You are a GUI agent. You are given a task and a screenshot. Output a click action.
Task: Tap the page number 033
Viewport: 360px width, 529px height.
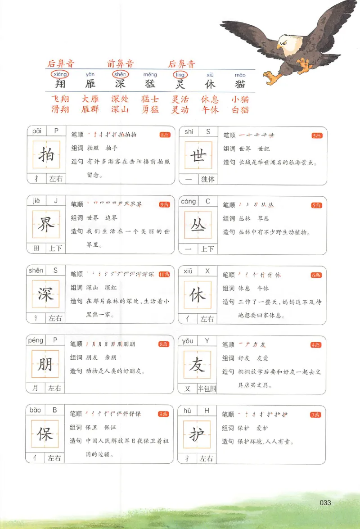(325, 502)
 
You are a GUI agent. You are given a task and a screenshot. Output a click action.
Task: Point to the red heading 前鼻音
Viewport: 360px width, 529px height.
(120, 64)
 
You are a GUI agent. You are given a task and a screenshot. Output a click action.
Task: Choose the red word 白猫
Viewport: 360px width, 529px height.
(240, 109)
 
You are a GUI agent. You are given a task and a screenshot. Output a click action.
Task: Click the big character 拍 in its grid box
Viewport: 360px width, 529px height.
(46, 155)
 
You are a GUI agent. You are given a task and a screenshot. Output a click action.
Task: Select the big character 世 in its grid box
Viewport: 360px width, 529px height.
(198, 155)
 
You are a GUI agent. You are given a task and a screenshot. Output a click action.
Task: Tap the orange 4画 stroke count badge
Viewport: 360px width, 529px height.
(316, 345)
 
